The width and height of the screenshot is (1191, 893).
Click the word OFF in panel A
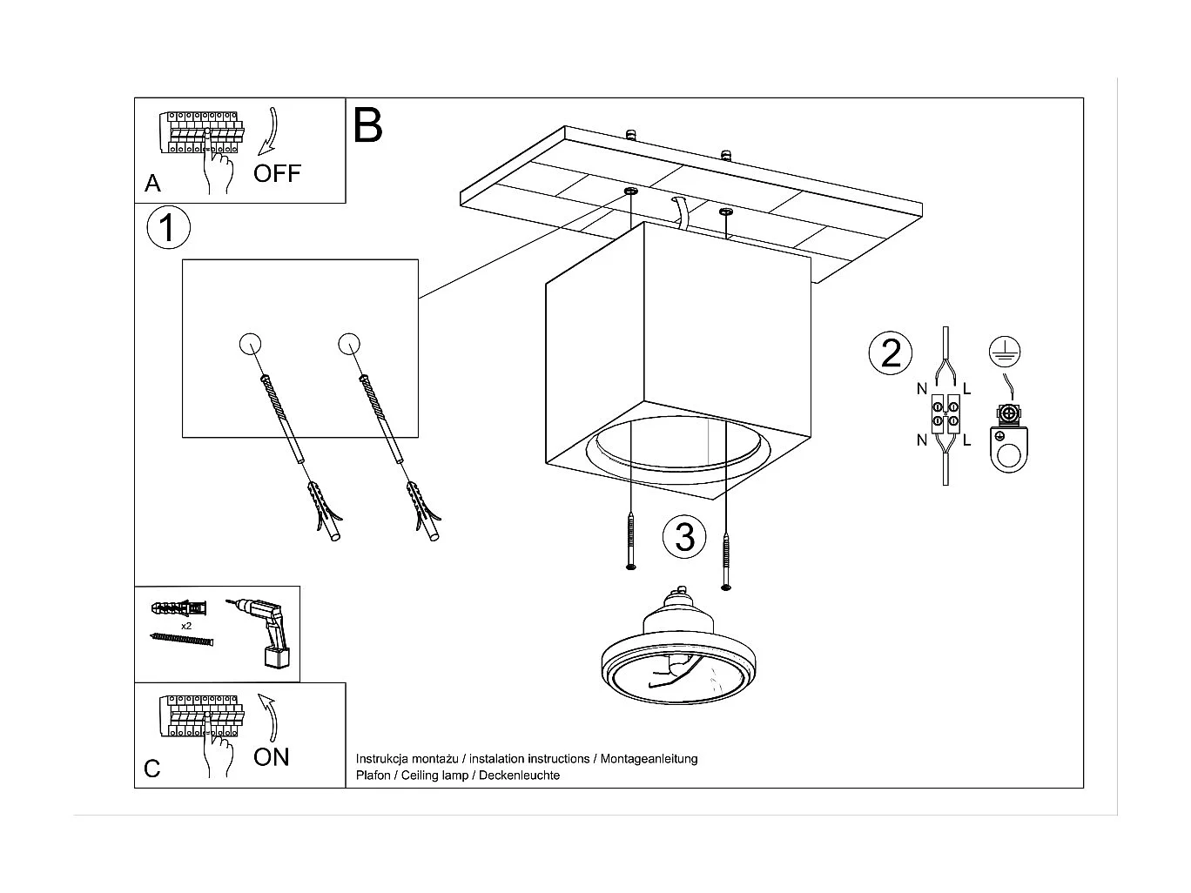pos(277,173)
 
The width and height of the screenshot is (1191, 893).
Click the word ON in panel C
pos(271,757)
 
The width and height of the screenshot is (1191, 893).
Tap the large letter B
pos(368,125)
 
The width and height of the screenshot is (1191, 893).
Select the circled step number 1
pos(168,228)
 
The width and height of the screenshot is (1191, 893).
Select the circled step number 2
pos(891,353)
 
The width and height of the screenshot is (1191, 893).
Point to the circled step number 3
pos(684,537)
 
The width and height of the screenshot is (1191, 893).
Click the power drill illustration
pos(265,631)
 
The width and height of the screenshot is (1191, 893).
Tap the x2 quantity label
pos(186,626)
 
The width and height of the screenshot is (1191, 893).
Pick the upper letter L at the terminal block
pos(966,389)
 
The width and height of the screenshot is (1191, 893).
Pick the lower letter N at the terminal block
pos(921,440)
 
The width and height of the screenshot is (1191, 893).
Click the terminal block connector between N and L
pos(945,413)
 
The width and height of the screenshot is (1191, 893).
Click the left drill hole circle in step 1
pos(249,344)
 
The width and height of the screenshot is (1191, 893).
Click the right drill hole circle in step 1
pos(349,344)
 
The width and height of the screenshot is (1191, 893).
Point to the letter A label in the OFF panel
pos(152,184)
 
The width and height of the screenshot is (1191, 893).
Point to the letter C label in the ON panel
pos(152,769)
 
